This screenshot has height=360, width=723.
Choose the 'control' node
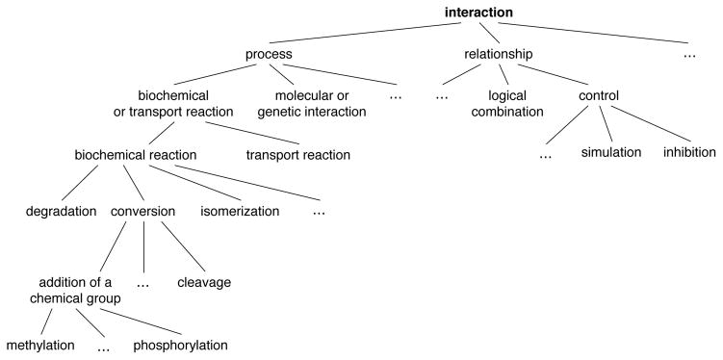(598, 96)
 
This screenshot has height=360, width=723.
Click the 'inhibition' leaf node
(688, 153)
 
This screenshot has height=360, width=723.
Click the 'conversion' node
(142, 211)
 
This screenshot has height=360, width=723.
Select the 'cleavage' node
(204, 282)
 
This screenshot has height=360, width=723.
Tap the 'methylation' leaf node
(40, 345)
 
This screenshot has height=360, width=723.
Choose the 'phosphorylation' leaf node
(181, 345)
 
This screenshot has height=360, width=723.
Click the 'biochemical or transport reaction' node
(174, 104)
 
